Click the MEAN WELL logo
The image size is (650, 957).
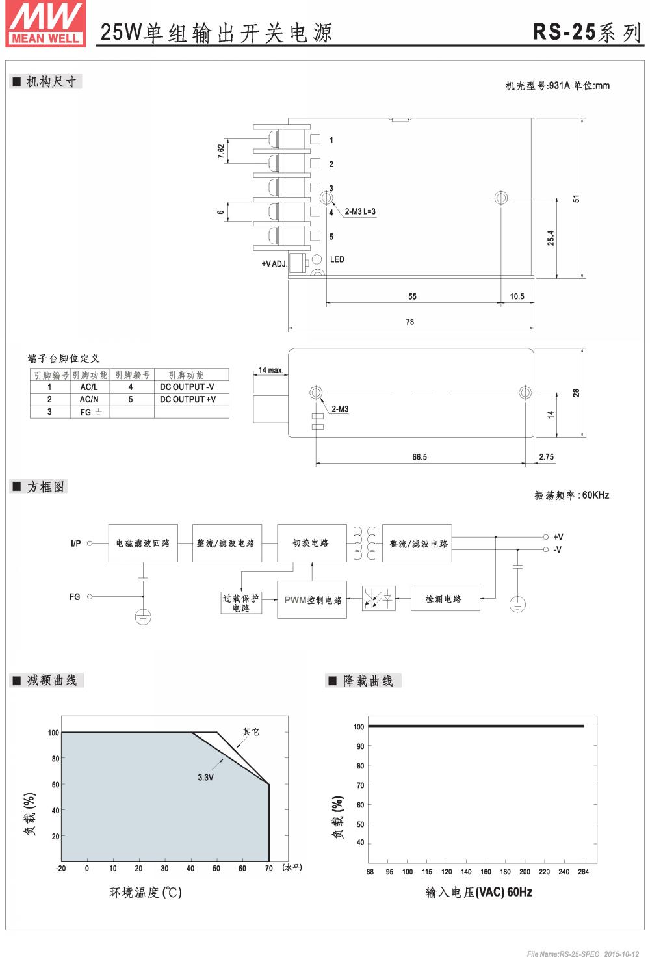(45, 24)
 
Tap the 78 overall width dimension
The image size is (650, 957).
(409, 322)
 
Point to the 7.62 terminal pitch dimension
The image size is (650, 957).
(221, 151)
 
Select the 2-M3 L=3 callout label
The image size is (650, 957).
(360, 211)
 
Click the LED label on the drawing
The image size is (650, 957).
(337, 259)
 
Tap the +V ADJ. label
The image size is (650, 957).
(274, 264)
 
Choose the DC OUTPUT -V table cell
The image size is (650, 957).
(187, 387)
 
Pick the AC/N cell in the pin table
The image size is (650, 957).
(89, 399)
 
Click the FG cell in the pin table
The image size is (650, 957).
(90, 412)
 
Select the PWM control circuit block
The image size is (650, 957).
(312, 600)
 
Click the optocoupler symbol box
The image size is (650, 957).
(379, 598)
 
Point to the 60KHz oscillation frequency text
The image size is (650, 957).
(595, 495)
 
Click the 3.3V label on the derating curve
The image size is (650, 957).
(205, 777)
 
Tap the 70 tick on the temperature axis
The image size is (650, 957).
(268, 869)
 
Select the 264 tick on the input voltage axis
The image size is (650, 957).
(583, 872)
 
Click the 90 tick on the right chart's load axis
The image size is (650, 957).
(360, 746)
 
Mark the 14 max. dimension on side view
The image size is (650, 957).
(270, 371)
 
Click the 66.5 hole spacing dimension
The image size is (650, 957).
(419, 457)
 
